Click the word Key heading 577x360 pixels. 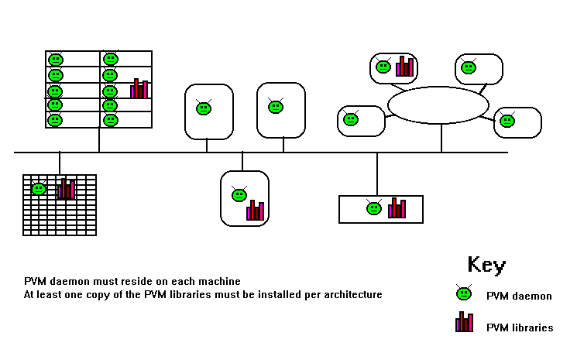(486, 265)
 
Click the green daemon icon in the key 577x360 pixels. (463, 293)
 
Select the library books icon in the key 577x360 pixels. (464, 323)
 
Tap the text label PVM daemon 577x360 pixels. (519, 296)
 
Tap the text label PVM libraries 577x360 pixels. (520, 327)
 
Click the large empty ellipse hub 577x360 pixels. (438, 105)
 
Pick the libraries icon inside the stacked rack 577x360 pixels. (139, 89)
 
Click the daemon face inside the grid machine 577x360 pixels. (39, 188)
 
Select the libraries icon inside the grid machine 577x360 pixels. (67, 189)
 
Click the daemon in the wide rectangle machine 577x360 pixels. (374, 207)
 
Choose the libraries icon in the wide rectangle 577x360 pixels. (397, 207)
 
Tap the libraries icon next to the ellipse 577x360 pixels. (404, 67)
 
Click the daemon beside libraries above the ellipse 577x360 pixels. (383, 67)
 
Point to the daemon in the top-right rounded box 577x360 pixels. (469, 67)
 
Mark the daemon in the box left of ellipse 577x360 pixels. (351, 119)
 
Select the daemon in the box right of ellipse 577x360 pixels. (507, 121)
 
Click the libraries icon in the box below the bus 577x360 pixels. (256, 210)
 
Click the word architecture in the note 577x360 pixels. (353, 295)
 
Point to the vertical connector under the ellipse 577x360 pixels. (441, 138)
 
